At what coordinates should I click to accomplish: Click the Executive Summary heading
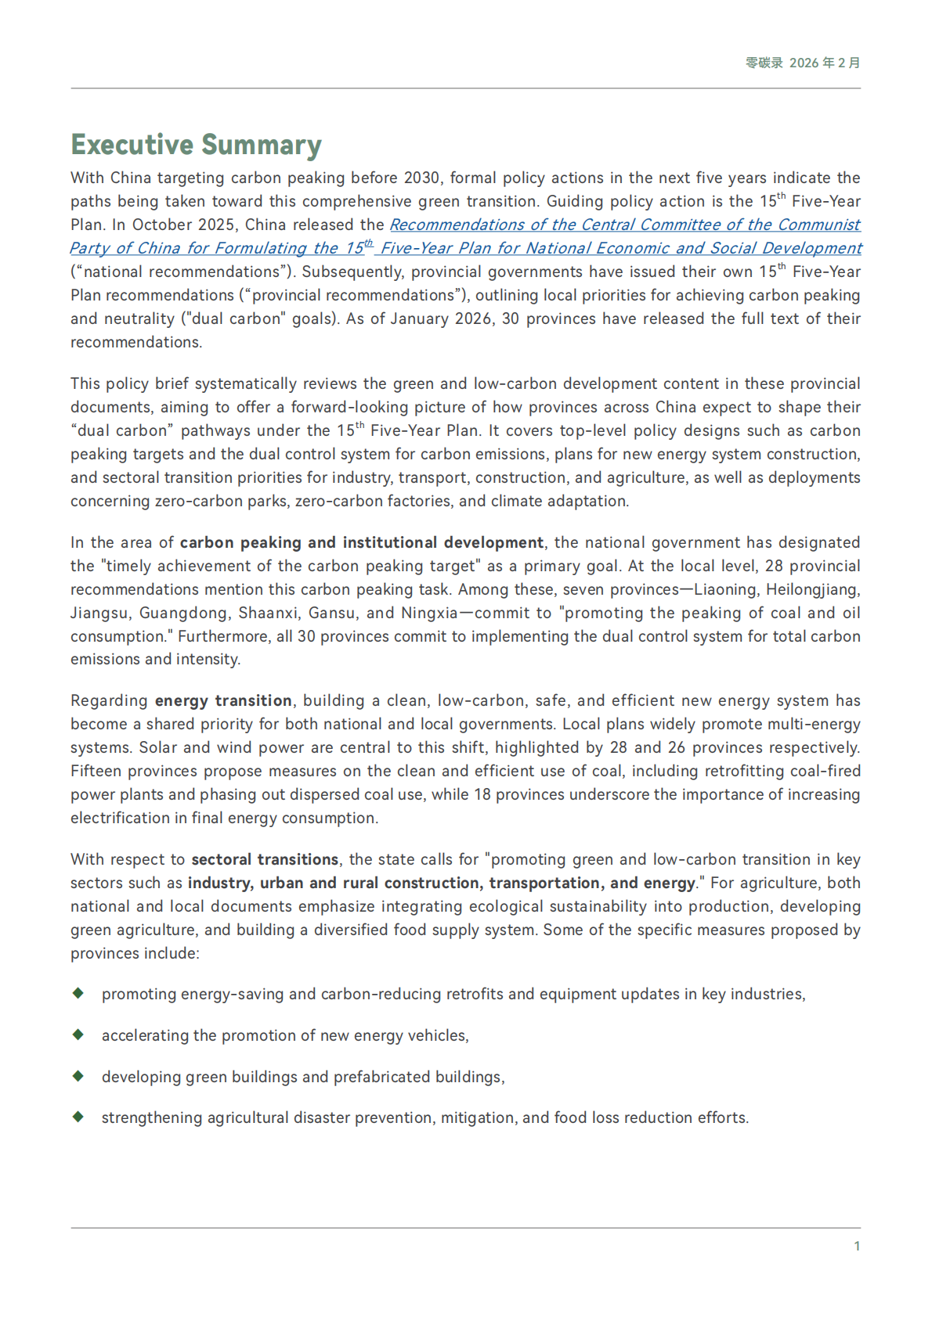point(196,145)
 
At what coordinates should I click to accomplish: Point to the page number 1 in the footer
point(857,1246)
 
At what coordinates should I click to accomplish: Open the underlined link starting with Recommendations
point(624,225)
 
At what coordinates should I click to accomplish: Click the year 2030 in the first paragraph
point(421,178)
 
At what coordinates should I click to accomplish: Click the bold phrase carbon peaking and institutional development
point(361,543)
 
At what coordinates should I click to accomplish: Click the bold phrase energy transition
point(223,701)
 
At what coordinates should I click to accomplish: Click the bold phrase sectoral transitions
point(265,860)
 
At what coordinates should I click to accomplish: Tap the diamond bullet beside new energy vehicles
point(78,1035)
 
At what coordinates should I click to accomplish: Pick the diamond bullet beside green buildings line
point(78,1076)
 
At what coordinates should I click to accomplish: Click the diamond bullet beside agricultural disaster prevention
point(78,1117)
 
